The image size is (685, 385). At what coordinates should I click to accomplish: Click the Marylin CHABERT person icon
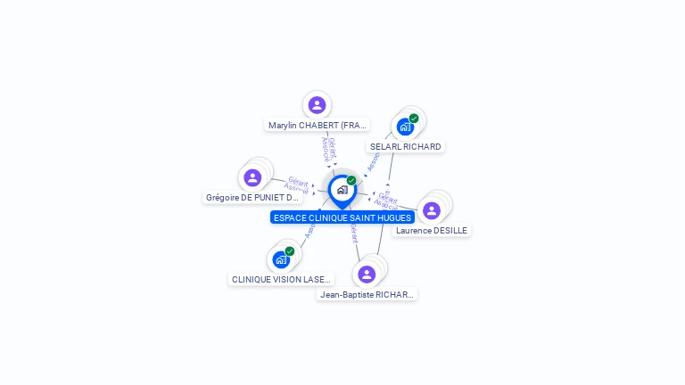(317, 105)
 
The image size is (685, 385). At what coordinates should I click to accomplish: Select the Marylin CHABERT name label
(318, 126)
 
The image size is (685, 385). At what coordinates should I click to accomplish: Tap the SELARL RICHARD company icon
(405, 127)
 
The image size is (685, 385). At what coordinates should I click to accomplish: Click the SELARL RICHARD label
(405, 146)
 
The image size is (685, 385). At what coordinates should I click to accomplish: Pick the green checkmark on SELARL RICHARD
(414, 118)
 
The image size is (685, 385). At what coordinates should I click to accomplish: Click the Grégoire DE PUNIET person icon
(252, 177)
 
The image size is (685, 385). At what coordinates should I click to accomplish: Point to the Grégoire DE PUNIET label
(252, 198)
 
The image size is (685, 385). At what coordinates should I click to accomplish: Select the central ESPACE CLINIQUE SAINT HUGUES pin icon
(342, 190)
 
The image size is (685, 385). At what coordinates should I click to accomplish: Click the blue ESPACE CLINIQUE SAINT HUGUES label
(342, 217)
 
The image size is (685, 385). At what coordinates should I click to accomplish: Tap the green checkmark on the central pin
(351, 180)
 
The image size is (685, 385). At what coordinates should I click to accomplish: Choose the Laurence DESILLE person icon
(432, 210)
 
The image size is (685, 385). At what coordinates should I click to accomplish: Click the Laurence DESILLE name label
(432, 231)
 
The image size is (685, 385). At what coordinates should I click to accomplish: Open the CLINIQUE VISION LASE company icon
(281, 260)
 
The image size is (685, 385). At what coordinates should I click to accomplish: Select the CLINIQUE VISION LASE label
(281, 279)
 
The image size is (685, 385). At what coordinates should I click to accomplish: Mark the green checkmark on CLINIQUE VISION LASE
(290, 251)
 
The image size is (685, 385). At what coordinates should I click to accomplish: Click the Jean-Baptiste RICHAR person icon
(367, 274)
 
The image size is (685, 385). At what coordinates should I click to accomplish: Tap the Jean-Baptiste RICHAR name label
(367, 294)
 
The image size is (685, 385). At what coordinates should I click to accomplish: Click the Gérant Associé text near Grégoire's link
(297, 184)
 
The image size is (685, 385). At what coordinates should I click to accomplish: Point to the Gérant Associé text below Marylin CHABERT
(329, 149)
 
